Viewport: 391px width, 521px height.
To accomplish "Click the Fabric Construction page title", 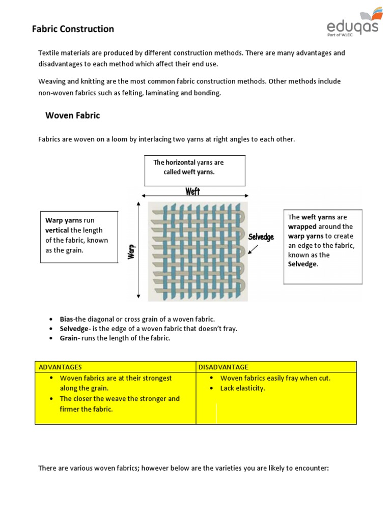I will coord(73,29).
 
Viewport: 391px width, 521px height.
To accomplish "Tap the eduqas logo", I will coord(353,22).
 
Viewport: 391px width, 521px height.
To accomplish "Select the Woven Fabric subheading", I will coord(73,115).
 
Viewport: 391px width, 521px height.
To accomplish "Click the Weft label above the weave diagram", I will coord(192,191).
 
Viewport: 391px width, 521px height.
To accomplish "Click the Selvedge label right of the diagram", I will coord(261,237).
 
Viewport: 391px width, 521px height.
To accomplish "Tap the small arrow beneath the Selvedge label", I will coord(253,249).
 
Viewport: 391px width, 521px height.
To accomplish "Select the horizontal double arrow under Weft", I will coord(195,196).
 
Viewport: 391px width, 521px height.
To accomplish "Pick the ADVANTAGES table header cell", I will coord(60,367).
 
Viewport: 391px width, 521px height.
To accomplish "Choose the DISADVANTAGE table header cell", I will coord(224,367).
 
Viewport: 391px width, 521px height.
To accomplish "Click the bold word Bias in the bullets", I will coord(67,319).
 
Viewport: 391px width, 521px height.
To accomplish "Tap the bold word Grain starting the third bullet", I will coord(69,338).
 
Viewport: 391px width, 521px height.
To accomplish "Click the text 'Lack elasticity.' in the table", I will coord(242,388).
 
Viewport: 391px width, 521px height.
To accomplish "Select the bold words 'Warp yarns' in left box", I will coord(64,220).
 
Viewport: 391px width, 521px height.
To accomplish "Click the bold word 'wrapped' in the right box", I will coord(302,226).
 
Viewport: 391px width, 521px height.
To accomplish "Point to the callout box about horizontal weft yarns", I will coord(194,170).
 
